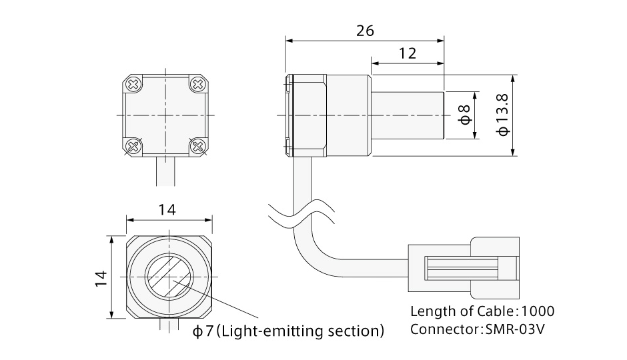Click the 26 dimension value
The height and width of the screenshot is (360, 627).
[365, 31]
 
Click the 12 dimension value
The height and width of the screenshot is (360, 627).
[408, 54]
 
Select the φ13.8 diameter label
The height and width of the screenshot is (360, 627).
[503, 114]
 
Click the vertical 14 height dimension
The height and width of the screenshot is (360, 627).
[101, 277]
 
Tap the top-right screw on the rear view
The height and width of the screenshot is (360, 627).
[198, 85]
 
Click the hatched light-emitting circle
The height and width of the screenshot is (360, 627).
[169, 276]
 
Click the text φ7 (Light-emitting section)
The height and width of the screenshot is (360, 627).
[288, 331]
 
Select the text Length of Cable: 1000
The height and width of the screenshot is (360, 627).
[482, 311]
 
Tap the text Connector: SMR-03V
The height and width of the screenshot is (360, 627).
[478, 329]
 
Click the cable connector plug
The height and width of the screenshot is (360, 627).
[464, 268]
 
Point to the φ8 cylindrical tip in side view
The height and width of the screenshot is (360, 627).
[408, 115]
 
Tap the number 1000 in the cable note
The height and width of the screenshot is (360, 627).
[537, 311]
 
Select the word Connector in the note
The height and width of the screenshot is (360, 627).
[442, 329]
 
